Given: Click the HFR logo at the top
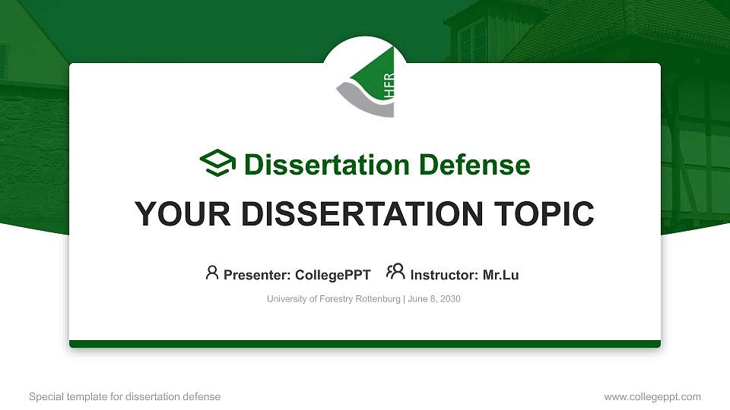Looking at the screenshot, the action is [x=366, y=82].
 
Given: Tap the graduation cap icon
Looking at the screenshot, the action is [x=217, y=163].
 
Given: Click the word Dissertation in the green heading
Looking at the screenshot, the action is [x=327, y=165].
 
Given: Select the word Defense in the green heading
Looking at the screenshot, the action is [x=474, y=165].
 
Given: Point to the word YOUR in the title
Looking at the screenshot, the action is [x=182, y=214].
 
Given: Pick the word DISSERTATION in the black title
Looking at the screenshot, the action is [x=362, y=214].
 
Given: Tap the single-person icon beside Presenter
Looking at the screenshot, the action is [x=212, y=273].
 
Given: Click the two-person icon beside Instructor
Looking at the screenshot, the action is [x=395, y=271].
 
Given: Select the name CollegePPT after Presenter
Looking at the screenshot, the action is [x=333, y=275].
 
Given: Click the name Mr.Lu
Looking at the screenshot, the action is [x=500, y=275].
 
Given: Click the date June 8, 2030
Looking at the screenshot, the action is [x=434, y=299].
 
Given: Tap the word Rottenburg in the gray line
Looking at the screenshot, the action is [x=378, y=299].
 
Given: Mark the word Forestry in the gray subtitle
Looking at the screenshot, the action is [x=336, y=299].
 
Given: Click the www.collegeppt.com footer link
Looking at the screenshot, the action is [x=652, y=397].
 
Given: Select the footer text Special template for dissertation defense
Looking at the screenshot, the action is [x=125, y=397].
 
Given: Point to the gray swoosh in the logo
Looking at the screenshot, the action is [x=364, y=100].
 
